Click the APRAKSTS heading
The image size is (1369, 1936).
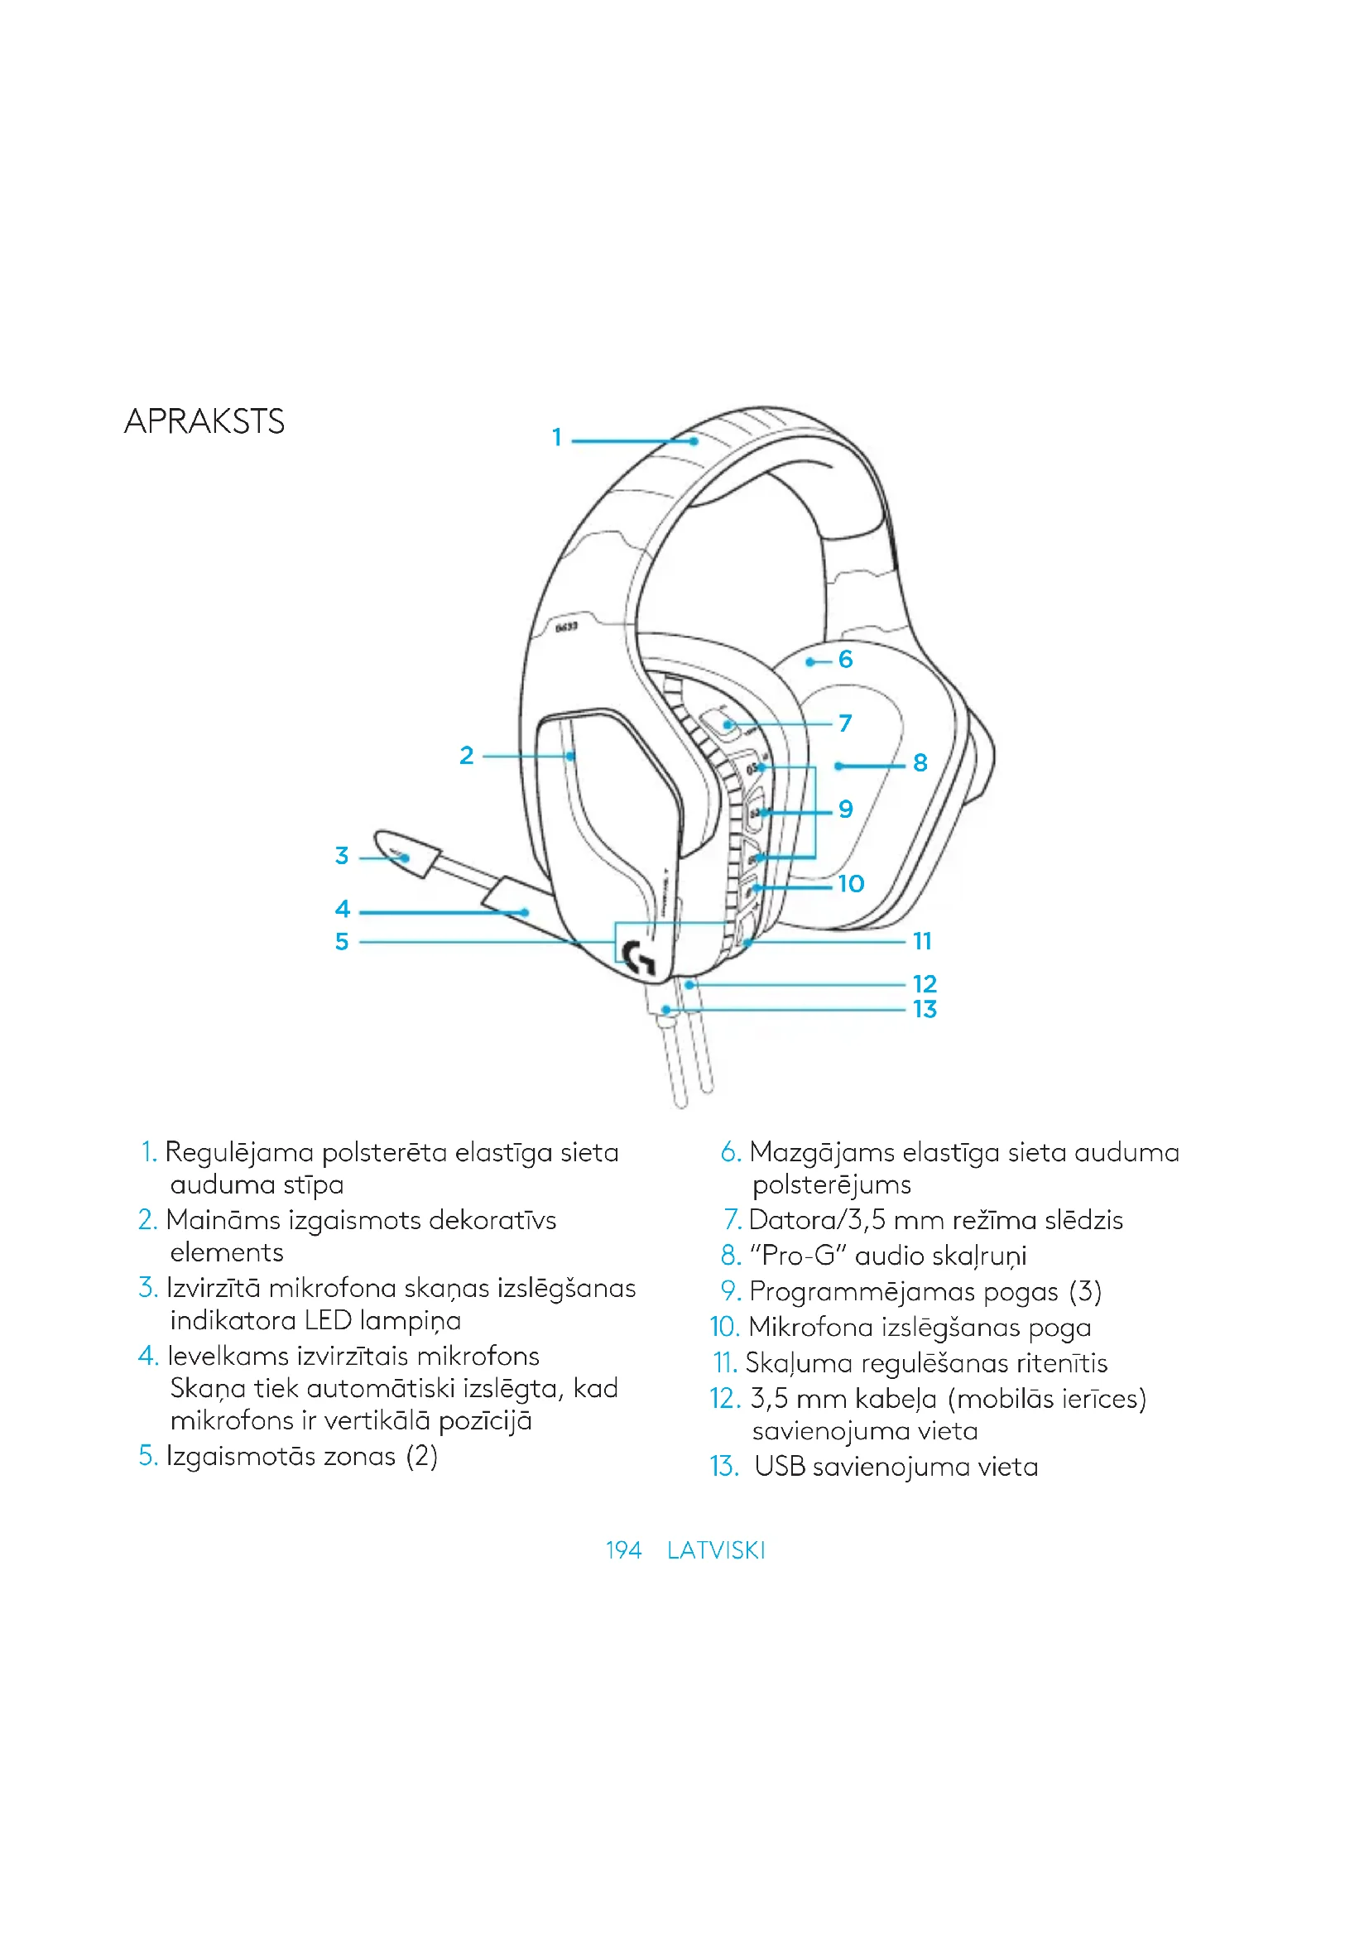204,421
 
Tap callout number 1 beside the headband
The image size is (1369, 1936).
556,437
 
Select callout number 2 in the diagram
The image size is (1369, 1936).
466,755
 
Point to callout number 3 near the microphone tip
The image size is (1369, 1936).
341,855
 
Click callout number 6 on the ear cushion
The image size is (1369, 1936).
846,659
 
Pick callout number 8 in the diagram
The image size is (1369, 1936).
920,762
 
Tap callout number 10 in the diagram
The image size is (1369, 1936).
851,883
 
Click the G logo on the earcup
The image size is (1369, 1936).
638,958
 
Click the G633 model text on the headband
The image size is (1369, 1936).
566,627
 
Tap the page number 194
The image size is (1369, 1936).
623,1549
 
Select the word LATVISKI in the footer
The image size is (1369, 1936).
716,1549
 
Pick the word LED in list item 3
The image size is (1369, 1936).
328,1320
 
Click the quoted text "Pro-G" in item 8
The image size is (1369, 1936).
796,1256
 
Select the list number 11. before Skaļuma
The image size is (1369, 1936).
725,1362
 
